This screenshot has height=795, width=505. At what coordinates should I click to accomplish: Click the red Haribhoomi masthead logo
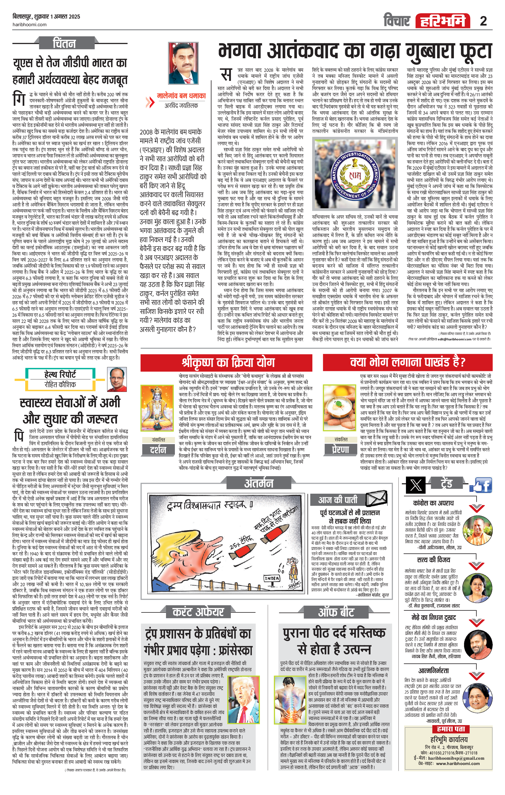442,21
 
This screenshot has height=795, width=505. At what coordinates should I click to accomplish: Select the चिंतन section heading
64,43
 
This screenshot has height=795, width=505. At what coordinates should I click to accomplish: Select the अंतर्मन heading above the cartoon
258,483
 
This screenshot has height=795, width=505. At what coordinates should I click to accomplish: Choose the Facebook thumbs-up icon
483,485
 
